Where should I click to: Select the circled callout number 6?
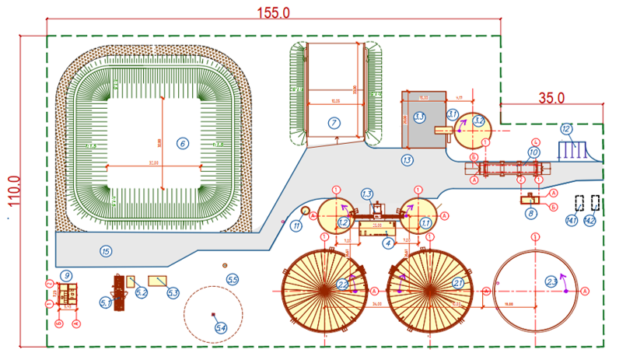183,143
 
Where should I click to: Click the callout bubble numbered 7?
333,122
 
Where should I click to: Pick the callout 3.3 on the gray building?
419,117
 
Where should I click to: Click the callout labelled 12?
566,128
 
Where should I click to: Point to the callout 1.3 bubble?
367,193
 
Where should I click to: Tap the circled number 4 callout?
387,243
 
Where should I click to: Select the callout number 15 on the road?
106,250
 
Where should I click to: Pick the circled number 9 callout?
67,274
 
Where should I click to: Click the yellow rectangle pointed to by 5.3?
158,281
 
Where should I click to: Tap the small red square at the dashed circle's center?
212,314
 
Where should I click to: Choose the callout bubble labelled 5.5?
233,278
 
